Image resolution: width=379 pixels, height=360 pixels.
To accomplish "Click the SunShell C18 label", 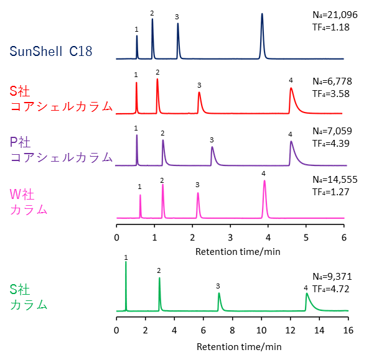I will click(x=50, y=51).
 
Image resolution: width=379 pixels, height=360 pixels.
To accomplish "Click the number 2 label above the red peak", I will click(x=157, y=72).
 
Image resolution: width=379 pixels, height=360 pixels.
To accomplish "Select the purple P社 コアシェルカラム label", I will click(x=61, y=149).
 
